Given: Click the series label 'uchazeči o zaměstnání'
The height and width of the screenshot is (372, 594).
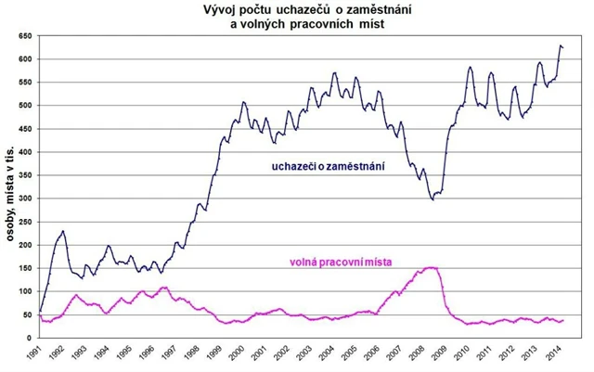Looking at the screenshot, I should (x=329, y=166).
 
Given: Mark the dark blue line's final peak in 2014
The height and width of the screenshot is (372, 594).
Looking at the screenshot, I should (x=560, y=45).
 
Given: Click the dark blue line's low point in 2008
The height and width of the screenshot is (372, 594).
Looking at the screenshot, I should (x=433, y=199).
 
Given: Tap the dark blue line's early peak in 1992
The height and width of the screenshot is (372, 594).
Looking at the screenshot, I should (x=63, y=231).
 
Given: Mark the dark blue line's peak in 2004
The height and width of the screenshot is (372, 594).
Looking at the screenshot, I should (x=335, y=72).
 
